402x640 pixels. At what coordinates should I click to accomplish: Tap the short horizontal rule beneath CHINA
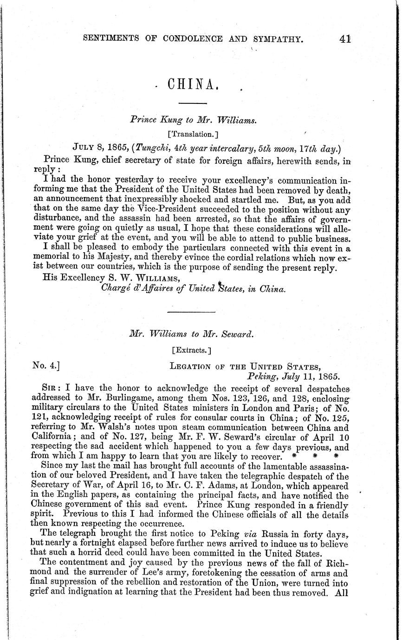pos(189,103)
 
